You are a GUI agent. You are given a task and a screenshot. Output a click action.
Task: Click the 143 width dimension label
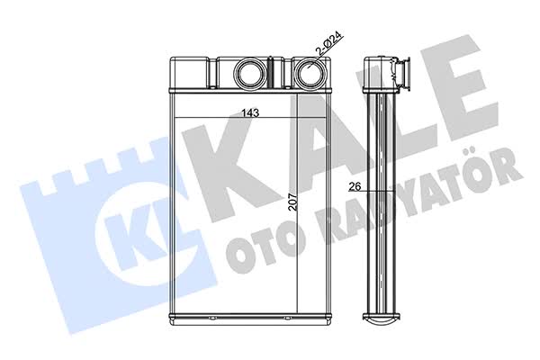pyautogui.click(x=250, y=112)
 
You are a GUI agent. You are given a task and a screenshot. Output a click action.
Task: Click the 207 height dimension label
pyautogui.click(x=292, y=202)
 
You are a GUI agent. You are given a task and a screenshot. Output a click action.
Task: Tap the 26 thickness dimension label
pyautogui.click(x=355, y=186)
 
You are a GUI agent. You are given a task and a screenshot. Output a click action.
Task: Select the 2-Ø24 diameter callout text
pyautogui.click(x=328, y=44)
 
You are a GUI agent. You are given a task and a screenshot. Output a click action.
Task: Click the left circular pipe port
pyautogui.click(x=249, y=73)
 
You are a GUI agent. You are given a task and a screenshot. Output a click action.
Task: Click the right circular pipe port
pyautogui.click(x=309, y=73)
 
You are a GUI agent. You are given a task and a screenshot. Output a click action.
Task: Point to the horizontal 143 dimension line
pyautogui.click(x=250, y=118)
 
